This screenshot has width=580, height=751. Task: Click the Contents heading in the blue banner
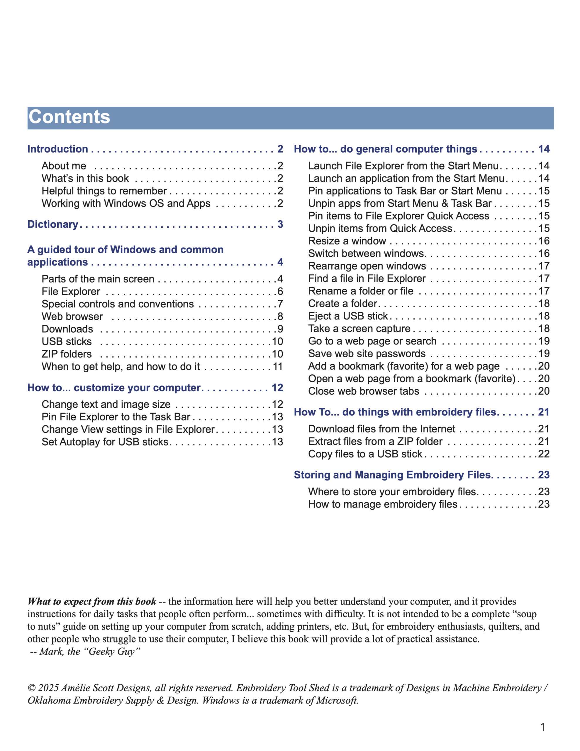pos(69,117)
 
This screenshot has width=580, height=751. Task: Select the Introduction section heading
pos(57,149)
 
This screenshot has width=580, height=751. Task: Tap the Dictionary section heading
pos(52,224)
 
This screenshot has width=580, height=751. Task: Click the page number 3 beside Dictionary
pos(280,224)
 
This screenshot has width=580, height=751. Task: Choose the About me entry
pos(64,166)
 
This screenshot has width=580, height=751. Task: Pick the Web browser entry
pos(72,316)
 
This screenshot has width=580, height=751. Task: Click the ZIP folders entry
pos(67,354)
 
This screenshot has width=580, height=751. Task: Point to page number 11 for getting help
pos(277,367)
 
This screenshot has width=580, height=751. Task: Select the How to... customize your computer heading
pos(114,388)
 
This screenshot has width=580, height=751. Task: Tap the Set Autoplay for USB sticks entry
pos(105,442)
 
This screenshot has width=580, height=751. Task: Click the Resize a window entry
pos(347,241)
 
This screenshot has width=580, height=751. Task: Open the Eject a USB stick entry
pos(348,316)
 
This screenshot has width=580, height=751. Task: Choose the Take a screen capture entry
pos(359,328)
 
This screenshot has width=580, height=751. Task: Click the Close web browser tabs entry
pos(363,391)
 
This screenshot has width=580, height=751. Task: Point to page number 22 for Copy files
pos(544,454)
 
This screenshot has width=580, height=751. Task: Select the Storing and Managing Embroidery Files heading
pos(392,475)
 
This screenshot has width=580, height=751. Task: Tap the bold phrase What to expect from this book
pos(92,601)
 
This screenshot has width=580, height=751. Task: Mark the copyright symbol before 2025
pos(32,688)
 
